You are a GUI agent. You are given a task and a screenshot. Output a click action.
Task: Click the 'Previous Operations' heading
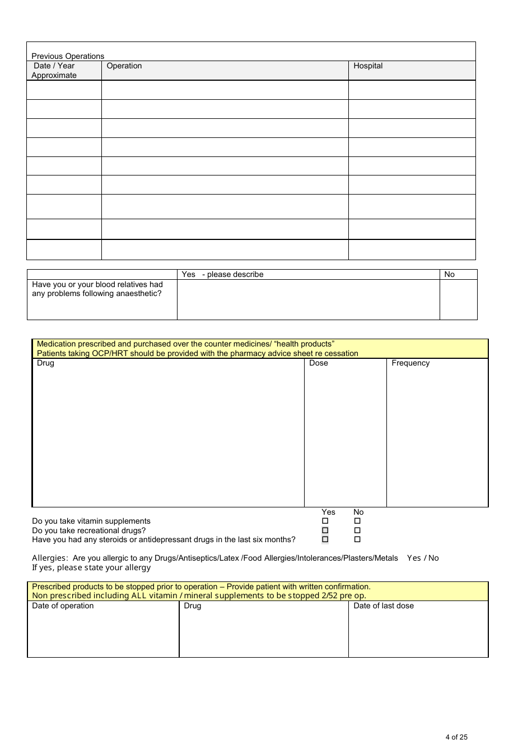click(68, 56)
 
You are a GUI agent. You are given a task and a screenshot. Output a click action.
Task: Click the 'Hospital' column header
click(368, 66)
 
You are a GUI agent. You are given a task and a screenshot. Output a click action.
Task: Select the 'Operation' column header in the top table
click(124, 66)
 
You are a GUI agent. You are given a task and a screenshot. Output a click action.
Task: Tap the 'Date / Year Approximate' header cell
click(54, 71)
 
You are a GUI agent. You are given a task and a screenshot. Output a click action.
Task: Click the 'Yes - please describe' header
click(222, 274)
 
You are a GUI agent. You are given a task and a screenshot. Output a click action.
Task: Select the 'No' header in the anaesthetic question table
click(449, 274)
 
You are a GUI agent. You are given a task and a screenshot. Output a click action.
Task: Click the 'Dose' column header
click(318, 363)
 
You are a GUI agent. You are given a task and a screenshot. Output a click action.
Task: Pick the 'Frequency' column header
click(410, 363)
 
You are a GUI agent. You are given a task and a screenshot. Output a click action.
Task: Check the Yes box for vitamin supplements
click(325, 521)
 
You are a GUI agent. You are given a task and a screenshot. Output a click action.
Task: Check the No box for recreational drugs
click(357, 530)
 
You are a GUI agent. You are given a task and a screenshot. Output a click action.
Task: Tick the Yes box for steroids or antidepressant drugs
click(325, 539)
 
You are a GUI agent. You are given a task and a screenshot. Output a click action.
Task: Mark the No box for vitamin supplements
click(357, 521)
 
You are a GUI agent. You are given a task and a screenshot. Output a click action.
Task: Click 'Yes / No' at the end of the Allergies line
click(423, 558)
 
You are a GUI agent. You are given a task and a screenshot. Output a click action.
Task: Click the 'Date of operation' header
click(63, 606)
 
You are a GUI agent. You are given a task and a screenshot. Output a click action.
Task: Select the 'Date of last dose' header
click(384, 606)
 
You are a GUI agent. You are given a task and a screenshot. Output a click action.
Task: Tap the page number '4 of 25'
click(456, 737)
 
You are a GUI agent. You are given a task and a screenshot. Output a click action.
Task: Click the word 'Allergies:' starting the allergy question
click(50, 558)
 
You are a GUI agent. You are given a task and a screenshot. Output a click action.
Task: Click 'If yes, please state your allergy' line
click(91, 567)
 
